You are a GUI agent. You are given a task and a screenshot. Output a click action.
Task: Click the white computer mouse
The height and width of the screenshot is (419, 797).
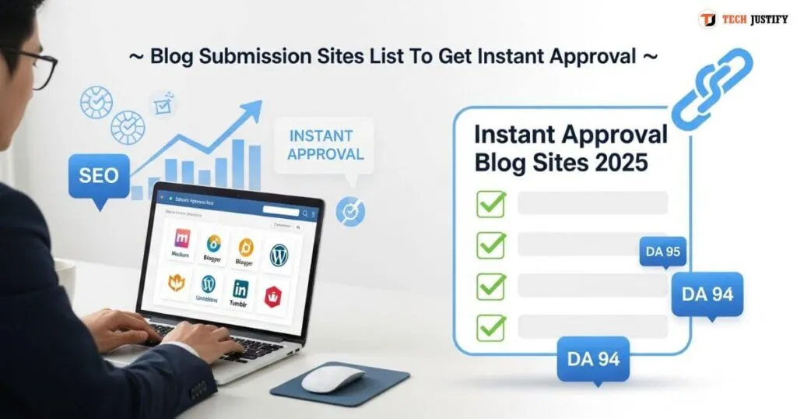click(x=332, y=379)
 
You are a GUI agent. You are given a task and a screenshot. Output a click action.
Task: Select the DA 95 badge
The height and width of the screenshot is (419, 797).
click(x=662, y=252)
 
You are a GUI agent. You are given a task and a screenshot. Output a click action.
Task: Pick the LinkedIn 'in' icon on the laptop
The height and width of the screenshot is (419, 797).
click(x=241, y=289)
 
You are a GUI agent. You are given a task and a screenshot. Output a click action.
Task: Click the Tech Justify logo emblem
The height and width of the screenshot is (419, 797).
click(x=707, y=19)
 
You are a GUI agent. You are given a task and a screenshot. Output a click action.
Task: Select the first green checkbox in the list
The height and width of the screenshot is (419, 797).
click(x=491, y=204)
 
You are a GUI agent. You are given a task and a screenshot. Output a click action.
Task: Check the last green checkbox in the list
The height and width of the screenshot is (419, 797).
click(x=491, y=326)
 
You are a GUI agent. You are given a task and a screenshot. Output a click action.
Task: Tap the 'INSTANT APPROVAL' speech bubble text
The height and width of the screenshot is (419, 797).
click(x=325, y=146)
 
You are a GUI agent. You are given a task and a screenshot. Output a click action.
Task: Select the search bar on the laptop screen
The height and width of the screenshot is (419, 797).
click(x=281, y=210)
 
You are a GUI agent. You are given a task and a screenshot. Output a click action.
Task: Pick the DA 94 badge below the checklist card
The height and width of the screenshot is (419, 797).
click(x=593, y=359)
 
